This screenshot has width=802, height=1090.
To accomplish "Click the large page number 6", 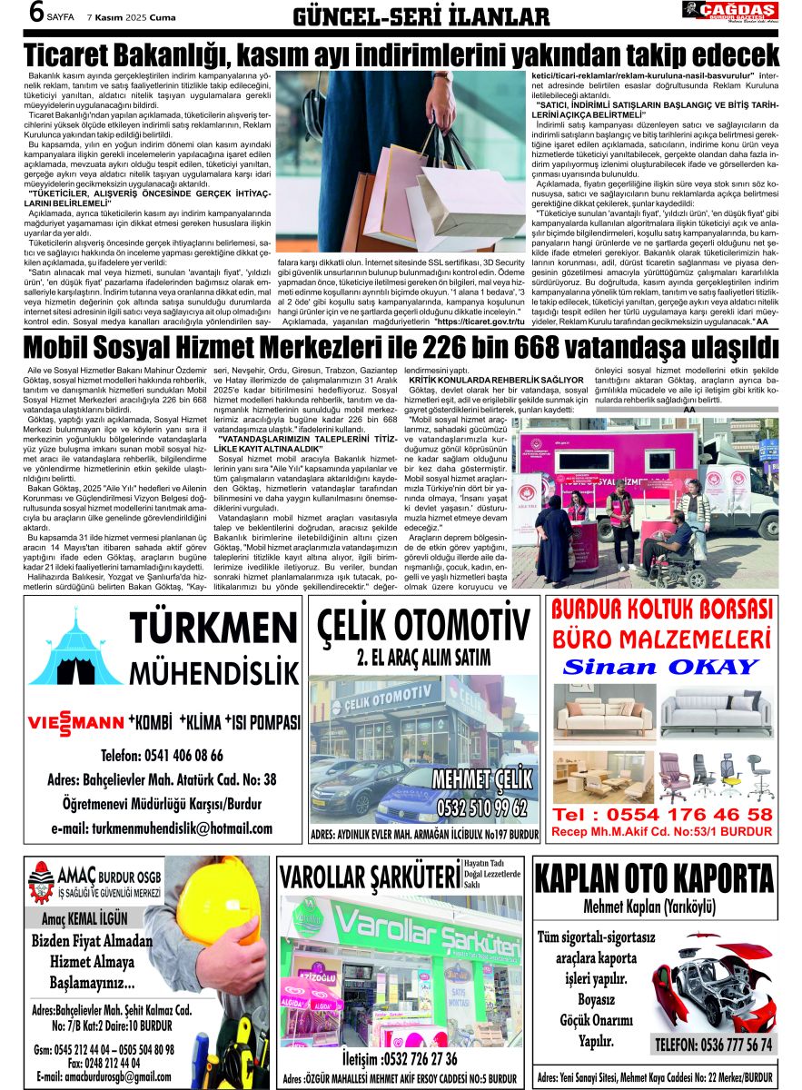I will click(15, 14).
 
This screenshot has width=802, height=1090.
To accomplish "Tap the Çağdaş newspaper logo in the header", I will click(729, 11).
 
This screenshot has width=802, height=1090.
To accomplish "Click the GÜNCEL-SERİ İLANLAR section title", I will click(421, 16).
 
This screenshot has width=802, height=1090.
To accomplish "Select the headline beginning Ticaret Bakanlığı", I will click(401, 53).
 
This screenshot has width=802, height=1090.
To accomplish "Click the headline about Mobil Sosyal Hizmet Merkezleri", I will click(401, 348).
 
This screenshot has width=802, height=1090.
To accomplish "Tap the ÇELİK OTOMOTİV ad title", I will click(424, 626).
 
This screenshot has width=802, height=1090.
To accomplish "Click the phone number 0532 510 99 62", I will click(482, 807).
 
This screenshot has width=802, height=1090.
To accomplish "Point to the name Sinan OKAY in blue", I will click(660, 667).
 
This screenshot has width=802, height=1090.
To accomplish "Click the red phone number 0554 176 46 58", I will click(662, 815).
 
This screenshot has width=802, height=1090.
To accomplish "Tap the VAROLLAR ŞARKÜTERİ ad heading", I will click(370, 877).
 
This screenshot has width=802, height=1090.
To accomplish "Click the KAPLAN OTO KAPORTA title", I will click(654, 880).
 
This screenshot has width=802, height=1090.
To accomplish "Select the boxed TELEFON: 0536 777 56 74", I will click(714, 1045).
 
